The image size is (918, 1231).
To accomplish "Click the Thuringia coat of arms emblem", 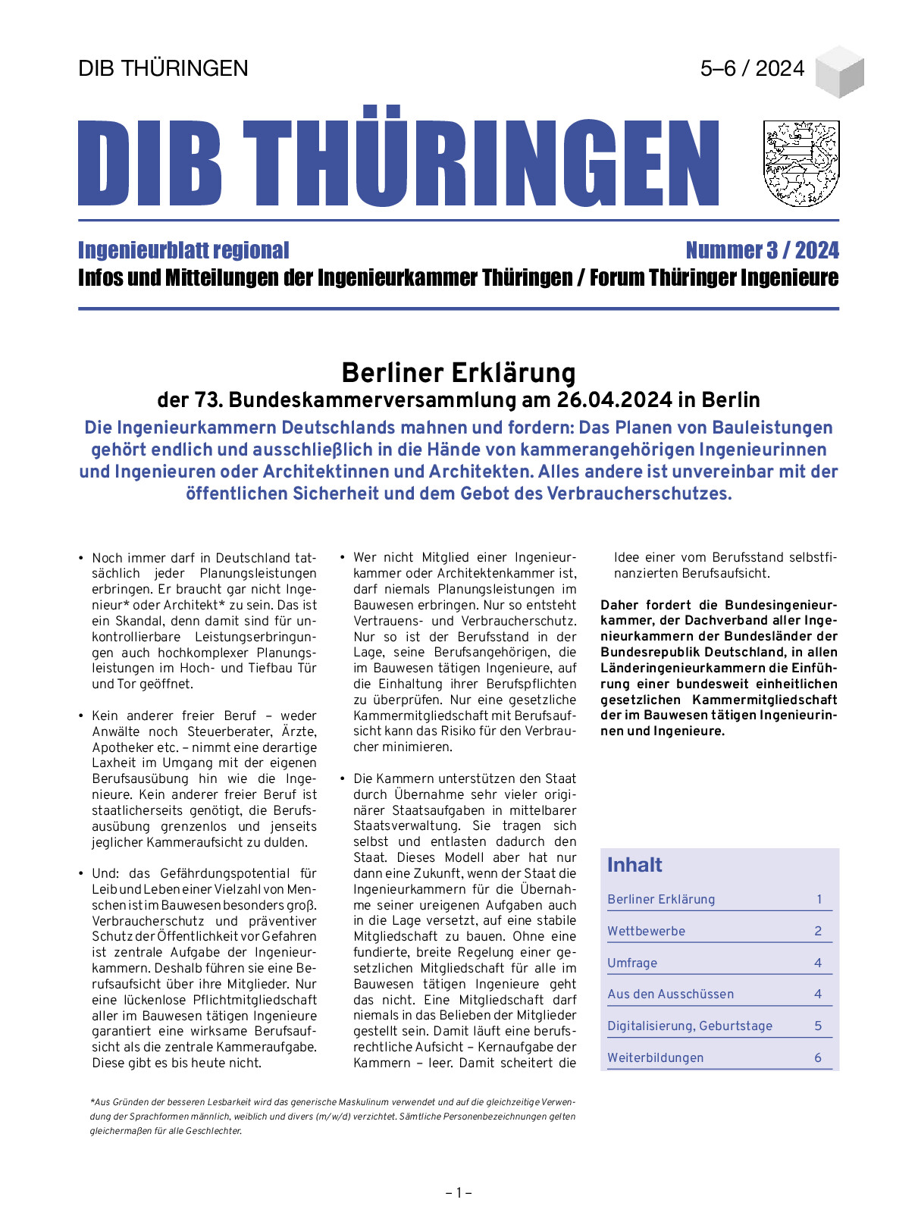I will point(801,163).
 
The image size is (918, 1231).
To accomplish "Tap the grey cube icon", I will point(839,72).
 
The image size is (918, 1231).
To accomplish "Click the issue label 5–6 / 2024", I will point(752,68).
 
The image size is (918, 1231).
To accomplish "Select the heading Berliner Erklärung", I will point(459,373).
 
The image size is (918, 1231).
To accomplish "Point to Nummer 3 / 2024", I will point(762,250).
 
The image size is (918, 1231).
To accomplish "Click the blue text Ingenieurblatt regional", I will point(183,250).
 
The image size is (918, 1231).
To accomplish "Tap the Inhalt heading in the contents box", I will point(634,865).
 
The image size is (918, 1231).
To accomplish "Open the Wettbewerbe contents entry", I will point(646,931).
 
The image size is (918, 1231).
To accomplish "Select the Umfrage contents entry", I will point(632,963).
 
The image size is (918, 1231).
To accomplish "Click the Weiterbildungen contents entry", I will point(655,1057).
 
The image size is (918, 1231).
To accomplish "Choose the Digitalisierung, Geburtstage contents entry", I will point(690,1026).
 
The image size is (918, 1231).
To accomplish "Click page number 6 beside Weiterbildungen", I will point(818,1057).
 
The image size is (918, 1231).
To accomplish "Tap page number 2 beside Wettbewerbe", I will point(818,931).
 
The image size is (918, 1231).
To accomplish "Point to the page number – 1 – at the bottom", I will point(459,1193).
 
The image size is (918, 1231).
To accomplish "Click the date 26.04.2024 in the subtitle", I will point(614,399).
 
